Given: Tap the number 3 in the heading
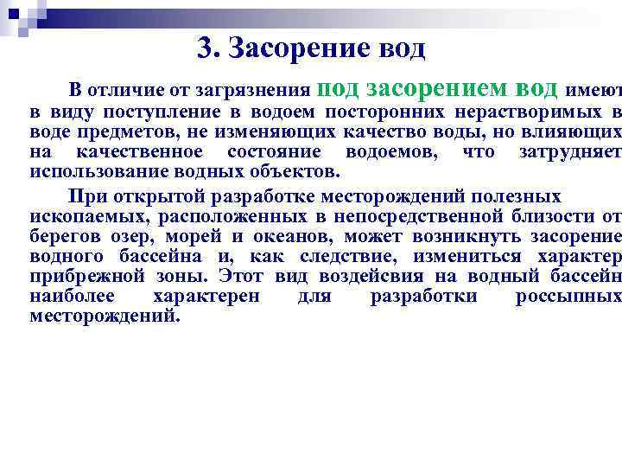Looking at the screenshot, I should coord(204,48).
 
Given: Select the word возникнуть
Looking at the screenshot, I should coord(439,236).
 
